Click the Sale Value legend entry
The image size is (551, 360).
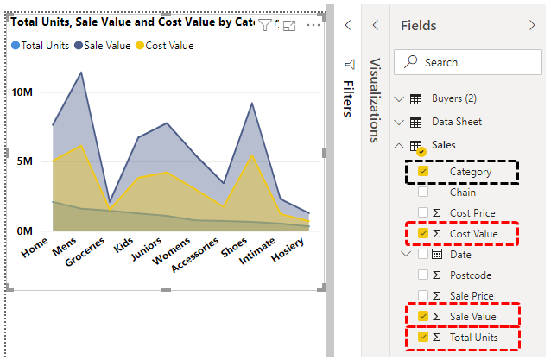(x=107, y=46)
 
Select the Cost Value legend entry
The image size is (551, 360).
(x=169, y=46)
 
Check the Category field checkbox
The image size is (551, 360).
(x=423, y=172)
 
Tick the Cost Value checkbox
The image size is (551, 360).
(x=423, y=233)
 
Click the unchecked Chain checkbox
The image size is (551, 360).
(x=423, y=193)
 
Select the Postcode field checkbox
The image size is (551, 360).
(x=423, y=275)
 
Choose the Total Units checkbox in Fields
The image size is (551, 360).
(x=423, y=338)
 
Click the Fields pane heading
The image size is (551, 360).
(x=419, y=26)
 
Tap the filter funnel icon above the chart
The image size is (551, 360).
(x=265, y=26)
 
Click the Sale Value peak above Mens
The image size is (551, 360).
(x=81, y=73)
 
